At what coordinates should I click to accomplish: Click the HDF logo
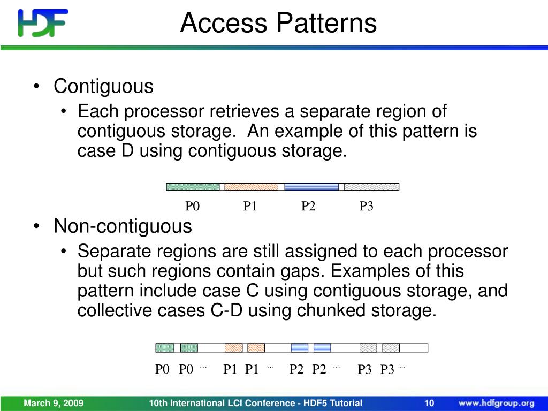pos(43,24)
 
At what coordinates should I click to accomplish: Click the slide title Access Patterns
pos(278,24)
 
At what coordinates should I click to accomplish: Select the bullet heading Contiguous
pos(103,86)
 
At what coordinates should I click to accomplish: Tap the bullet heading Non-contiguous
pos(123,226)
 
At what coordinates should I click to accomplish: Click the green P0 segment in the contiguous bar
pos(193,187)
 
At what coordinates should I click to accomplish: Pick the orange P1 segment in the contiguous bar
pos(251,187)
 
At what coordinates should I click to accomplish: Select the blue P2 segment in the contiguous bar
pos(311,187)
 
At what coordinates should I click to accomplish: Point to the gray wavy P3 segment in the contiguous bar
pos(371,187)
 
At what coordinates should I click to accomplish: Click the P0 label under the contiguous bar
pos(192,207)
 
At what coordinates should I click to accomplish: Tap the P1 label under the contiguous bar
pos(250,207)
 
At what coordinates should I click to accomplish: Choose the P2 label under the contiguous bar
pos(308,207)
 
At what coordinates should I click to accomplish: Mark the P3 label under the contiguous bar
pos(366,207)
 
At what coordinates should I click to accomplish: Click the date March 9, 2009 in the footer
pos(53,403)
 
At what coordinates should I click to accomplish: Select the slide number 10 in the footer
pos(429,403)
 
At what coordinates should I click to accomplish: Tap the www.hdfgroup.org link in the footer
pos(496,403)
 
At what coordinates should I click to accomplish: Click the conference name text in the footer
pos(255,403)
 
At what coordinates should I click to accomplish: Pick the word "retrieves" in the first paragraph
pos(248,112)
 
